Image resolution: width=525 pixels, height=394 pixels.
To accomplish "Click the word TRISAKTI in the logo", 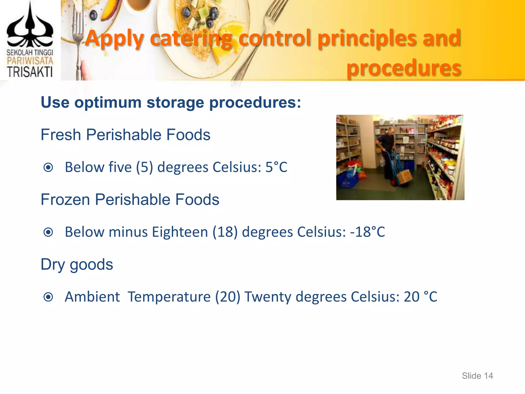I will click(x=30, y=72).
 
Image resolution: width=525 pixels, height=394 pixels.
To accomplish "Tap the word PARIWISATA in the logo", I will click(x=30, y=61).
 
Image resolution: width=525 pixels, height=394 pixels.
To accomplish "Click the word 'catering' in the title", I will click(x=191, y=38).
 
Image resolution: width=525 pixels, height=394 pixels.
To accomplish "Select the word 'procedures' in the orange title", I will click(x=404, y=68).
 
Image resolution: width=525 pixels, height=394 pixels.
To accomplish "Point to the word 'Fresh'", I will click(x=61, y=135).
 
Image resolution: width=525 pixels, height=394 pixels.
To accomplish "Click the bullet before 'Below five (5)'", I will click(x=48, y=168).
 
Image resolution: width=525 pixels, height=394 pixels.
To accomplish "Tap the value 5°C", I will click(x=276, y=167).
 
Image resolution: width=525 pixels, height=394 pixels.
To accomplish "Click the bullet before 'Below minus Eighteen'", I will click(x=48, y=232).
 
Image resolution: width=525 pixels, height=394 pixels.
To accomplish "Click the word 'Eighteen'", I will click(x=180, y=232).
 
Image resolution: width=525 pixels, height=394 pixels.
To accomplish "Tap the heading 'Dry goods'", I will click(x=77, y=264).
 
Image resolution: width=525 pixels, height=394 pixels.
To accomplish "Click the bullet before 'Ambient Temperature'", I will click(x=48, y=297).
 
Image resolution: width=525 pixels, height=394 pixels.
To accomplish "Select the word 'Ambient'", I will click(x=92, y=297).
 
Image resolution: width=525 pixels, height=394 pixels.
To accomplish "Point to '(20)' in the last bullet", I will click(x=228, y=297).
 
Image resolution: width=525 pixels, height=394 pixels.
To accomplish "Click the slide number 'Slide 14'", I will click(x=477, y=376).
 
